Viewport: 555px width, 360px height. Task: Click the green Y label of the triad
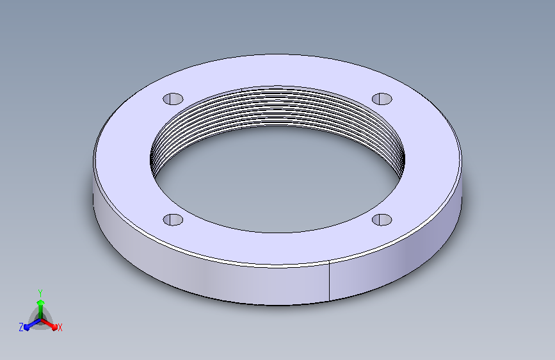point(40,293)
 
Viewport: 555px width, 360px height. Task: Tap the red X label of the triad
point(60,327)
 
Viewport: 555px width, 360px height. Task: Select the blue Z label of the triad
point(21,327)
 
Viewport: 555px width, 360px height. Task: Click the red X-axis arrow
point(49,324)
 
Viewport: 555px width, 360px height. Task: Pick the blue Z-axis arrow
point(32,324)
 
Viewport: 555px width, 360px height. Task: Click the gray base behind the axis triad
point(41,319)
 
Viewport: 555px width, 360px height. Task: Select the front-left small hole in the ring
point(173,220)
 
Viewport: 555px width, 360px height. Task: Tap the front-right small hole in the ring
point(382,220)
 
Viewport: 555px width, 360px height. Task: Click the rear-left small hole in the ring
point(173,99)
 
